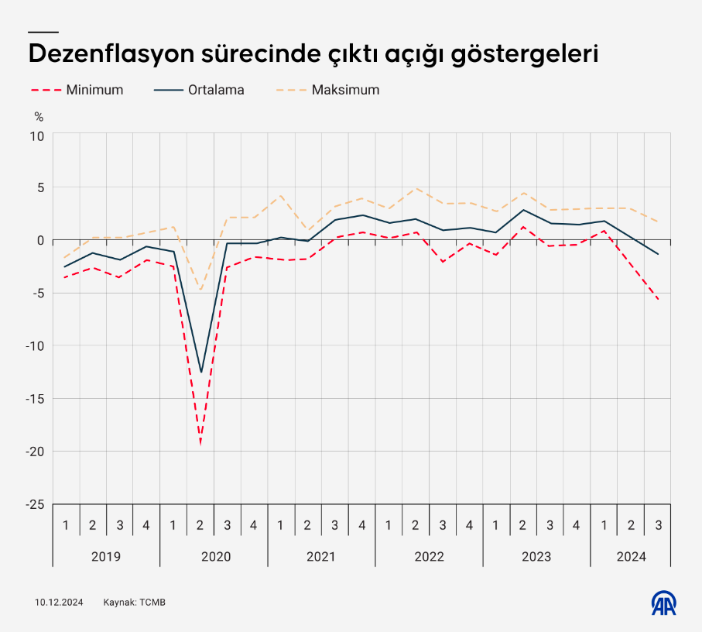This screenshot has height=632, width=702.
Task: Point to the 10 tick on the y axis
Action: pyautogui.click(x=37, y=135)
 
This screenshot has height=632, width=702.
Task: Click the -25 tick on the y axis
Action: pyautogui.click(x=34, y=504)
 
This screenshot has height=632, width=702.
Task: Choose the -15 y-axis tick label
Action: pyautogui.click(x=34, y=399)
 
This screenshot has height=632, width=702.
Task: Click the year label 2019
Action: pyautogui.click(x=105, y=556)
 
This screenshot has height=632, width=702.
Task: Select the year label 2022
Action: pyautogui.click(x=429, y=556)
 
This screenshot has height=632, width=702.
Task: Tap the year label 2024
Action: pyautogui.click(x=631, y=556)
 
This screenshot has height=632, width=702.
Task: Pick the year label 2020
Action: pyautogui.click(x=214, y=556)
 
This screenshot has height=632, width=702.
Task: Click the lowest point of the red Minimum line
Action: pyautogui.click(x=200, y=444)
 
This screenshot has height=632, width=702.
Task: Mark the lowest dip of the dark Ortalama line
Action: pyautogui.click(x=200, y=373)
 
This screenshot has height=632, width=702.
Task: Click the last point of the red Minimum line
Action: pyautogui.click(x=658, y=300)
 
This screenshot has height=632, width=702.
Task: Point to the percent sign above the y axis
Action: pyautogui.click(x=39, y=117)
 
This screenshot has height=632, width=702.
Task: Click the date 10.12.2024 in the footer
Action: pyautogui.click(x=58, y=603)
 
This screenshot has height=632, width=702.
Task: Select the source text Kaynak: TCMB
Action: pyautogui.click(x=135, y=603)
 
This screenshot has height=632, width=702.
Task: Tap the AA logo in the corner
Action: pyautogui.click(x=663, y=603)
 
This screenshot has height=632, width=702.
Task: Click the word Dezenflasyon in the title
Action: pyautogui.click(x=110, y=55)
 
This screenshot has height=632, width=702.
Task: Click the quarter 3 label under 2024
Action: pyautogui.click(x=658, y=525)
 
